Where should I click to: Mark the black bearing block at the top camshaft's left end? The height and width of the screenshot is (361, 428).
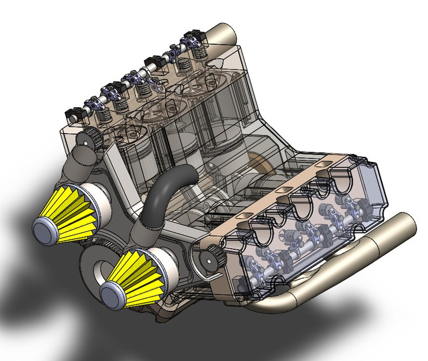pos(74,114)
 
